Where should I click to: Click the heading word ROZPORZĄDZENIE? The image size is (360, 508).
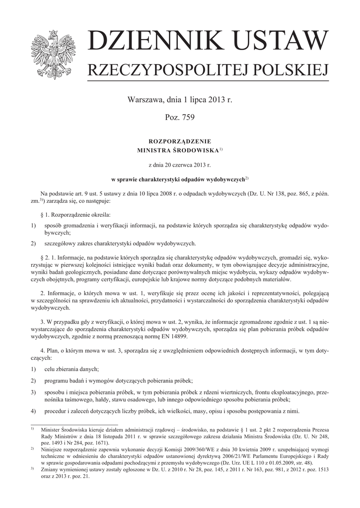pos(180,140)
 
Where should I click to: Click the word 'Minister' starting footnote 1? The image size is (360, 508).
pos(52,429)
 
